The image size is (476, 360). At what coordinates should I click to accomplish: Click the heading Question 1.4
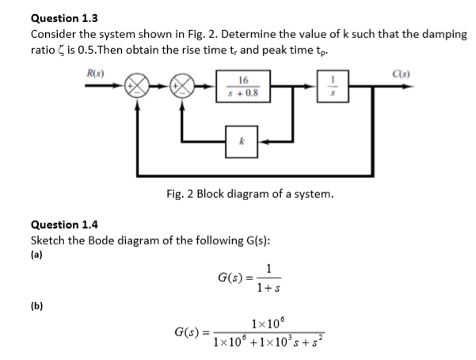(x=64, y=225)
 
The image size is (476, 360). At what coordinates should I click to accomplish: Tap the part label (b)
(x=36, y=301)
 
